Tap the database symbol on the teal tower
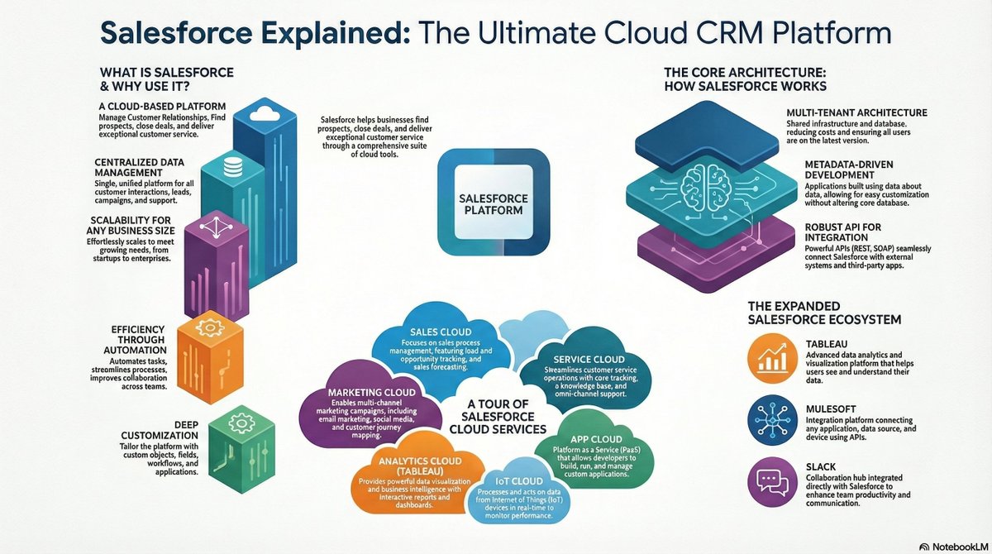click(x=232, y=165)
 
